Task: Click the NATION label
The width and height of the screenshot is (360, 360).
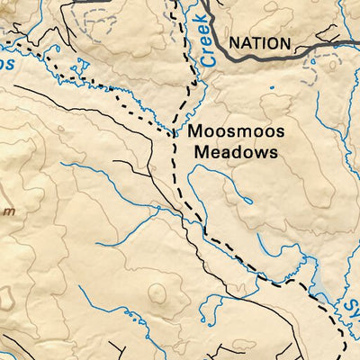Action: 260,43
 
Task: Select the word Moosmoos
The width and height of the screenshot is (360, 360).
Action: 237,132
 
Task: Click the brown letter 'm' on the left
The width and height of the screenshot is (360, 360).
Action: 8,211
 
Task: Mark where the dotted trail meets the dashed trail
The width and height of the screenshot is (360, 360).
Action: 174,133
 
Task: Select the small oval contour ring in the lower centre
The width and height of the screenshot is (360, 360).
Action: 157,292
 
